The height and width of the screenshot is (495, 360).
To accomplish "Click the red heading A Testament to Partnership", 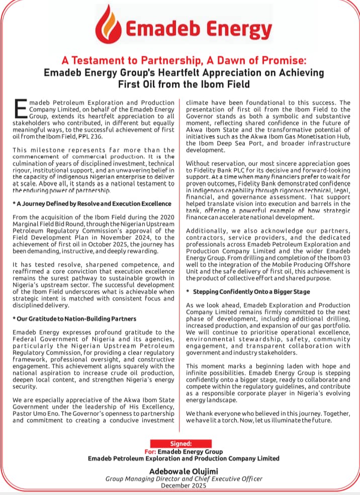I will pos(179,61).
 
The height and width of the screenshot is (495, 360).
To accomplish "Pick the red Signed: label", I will pos(180,444).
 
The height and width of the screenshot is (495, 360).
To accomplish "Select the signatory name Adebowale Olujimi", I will pos(181,470).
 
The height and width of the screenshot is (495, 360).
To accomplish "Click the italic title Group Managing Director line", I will pos(180,479).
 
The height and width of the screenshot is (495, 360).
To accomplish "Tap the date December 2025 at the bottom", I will pos(180,486).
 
